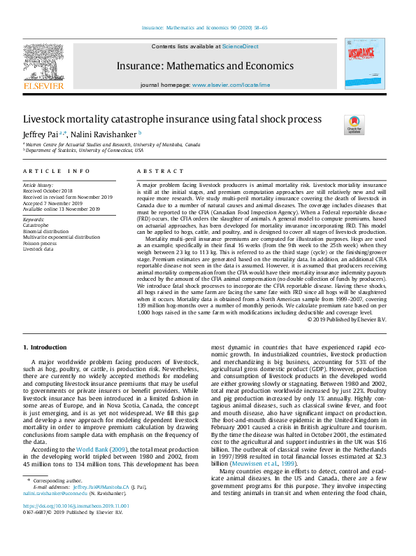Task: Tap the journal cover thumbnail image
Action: pos(364,64)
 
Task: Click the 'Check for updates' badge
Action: pos(354,125)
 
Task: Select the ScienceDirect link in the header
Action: pos(240,47)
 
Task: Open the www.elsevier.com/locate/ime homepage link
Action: pos(231,84)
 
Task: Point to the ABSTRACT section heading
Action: pos(155,171)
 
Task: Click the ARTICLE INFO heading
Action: pos(56,171)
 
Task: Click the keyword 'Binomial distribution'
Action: pos(45,231)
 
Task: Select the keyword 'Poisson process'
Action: pos(40,243)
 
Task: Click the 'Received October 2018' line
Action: pos(48,190)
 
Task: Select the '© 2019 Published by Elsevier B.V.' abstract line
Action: pos(346,319)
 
